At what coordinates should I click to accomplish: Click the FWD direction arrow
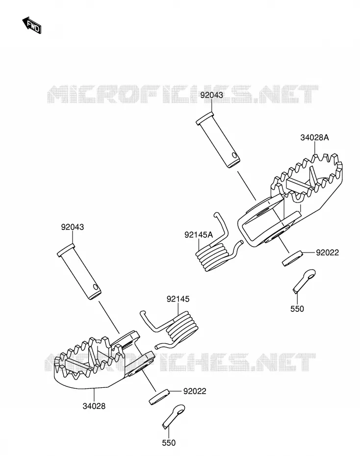click(x=32, y=25)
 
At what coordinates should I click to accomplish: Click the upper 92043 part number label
click(x=211, y=95)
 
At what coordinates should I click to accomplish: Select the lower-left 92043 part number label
click(x=73, y=227)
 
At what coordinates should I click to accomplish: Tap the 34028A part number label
click(x=314, y=138)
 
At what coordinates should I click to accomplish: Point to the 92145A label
click(x=199, y=235)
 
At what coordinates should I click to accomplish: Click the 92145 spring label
click(x=178, y=299)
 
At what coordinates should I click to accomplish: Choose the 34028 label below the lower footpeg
click(x=94, y=406)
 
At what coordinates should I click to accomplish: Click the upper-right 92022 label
click(x=328, y=253)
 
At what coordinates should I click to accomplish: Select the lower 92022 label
click(x=195, y=391)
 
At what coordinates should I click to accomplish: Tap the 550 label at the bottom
click(x=169, y=443)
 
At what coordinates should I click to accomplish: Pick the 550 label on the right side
click(x=297, y=309)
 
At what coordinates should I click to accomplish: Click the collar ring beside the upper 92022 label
click(x=292, y=258)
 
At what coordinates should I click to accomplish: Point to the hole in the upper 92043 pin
click(x=234, y=155)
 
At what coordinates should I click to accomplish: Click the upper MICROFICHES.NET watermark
click(x=182, y=94)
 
